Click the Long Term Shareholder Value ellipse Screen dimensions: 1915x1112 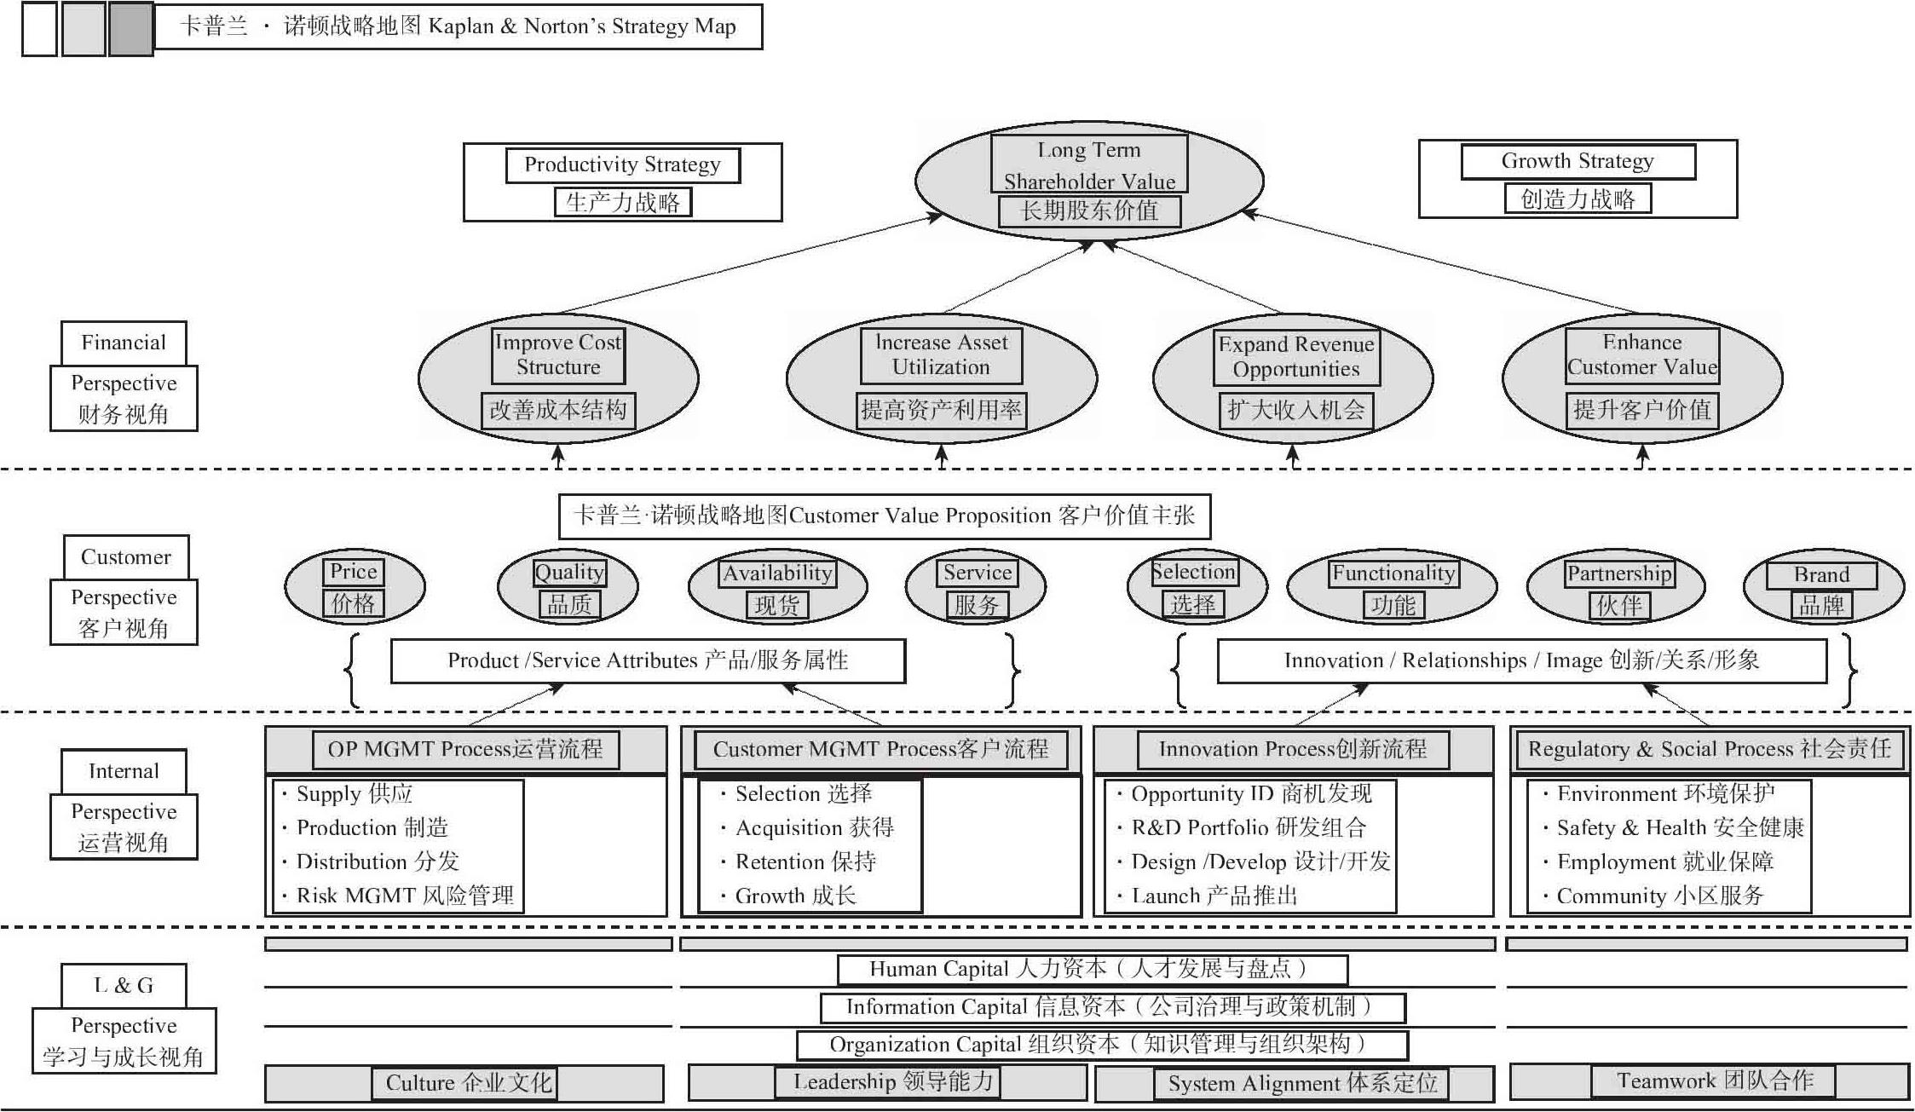1089,181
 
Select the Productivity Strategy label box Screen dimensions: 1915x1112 623,182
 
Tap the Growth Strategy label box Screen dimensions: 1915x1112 1578,179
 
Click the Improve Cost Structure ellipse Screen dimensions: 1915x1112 558,378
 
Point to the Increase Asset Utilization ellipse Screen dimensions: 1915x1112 941,378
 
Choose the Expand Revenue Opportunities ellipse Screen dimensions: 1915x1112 1293,378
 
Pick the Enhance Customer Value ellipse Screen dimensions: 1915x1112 1642,378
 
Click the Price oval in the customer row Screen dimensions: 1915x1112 354,587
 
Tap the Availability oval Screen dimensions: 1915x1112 777,587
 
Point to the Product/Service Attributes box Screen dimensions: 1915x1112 648,660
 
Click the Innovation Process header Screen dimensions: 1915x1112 1293,750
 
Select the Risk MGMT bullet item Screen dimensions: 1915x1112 398,896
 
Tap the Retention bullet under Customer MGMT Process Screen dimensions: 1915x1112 799,861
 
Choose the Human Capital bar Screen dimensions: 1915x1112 1093,970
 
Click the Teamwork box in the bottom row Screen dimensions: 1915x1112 1714,1081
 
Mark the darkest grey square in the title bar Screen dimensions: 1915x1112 131,29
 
